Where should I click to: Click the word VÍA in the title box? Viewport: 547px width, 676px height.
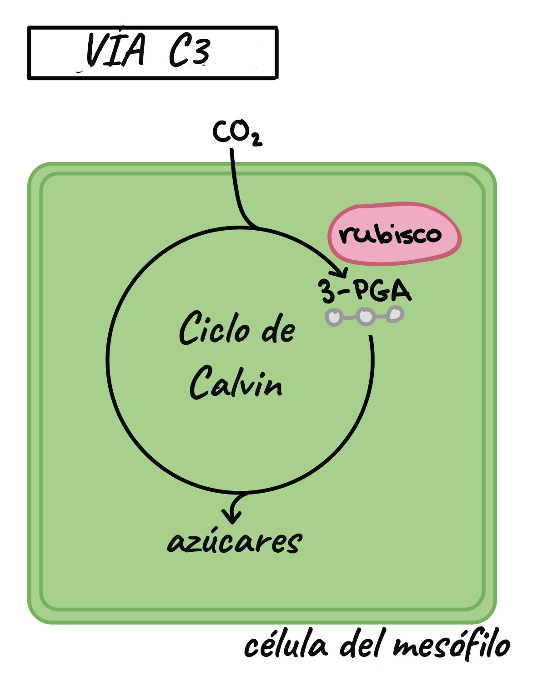tap(116, 50)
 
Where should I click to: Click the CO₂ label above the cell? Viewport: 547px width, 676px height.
tap(236, 132)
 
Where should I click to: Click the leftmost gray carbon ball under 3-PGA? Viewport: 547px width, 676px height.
tap(335, 317)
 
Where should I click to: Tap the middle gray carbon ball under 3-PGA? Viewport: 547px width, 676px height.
tap(366, 316)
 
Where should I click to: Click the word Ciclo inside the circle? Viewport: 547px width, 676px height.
tap(214, 328)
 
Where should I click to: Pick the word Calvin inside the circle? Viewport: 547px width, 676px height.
tap(236, 383)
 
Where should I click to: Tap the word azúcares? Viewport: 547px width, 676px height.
tap(234, 541)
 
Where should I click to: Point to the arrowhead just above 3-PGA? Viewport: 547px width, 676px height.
tap(341, 273)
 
